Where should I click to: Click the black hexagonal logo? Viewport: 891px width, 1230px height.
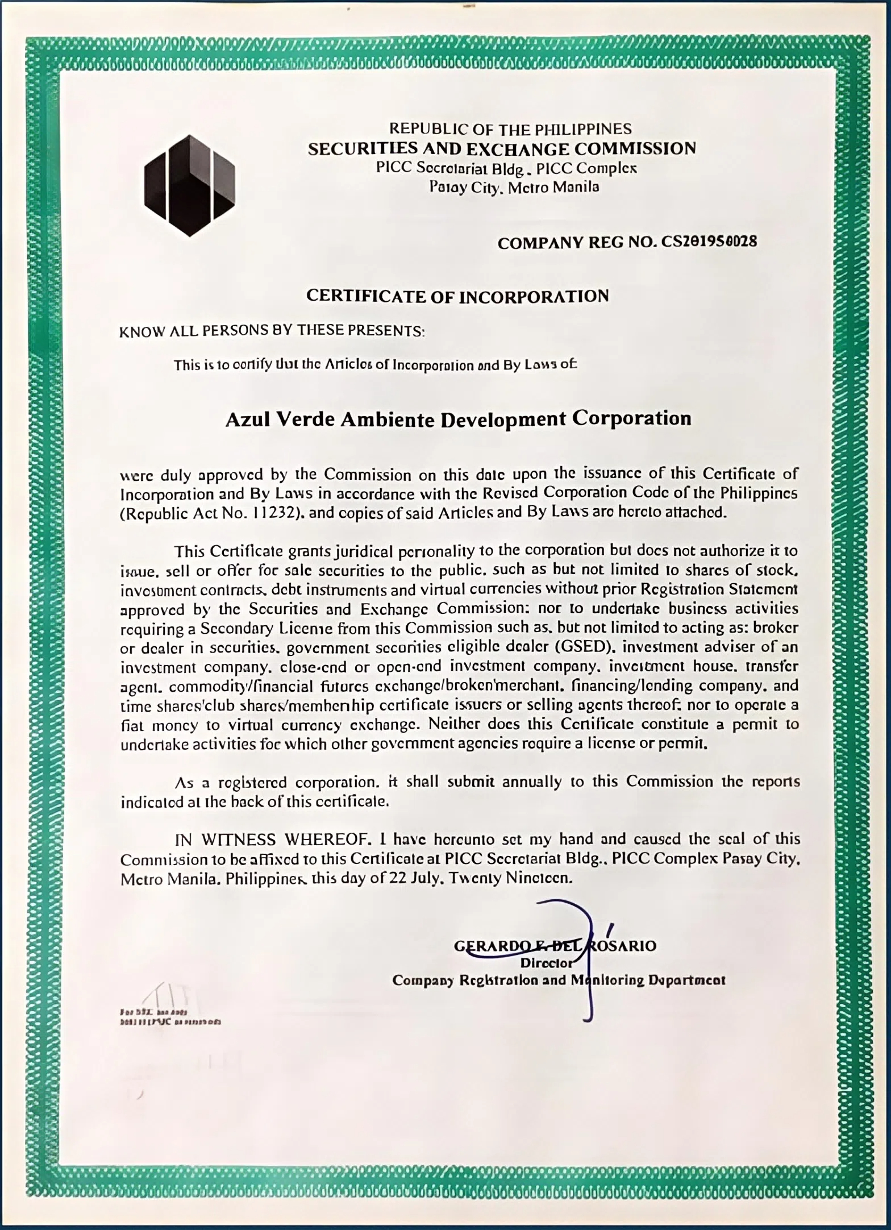click(x=189, y=185)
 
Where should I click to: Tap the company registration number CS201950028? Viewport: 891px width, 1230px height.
click(x=709, y=242)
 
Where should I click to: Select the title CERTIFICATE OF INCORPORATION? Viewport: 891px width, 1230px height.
click(x=457, y=296)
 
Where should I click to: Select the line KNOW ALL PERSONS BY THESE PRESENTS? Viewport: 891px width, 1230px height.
click(x=272, y=331)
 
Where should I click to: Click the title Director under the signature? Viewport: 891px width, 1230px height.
click(x=546, y=963)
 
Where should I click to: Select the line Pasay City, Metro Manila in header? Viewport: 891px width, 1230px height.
click(x=514, y=187)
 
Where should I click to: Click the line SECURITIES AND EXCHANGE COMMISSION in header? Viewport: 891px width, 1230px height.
click(x=502, y=149)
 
